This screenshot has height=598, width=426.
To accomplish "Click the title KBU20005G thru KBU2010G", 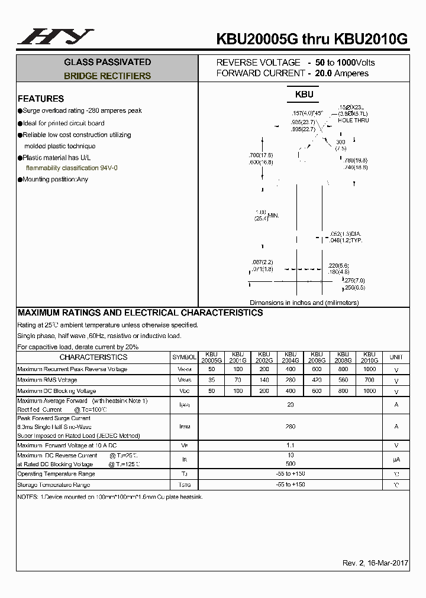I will point(312,39).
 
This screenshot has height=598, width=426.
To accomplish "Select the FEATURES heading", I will point(41,99).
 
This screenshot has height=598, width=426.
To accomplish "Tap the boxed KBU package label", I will point(304,94).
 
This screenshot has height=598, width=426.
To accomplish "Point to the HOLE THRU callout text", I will point(353,120).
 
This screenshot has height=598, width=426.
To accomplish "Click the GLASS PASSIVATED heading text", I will point(107,62).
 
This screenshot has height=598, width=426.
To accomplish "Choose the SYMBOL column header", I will point(184,357).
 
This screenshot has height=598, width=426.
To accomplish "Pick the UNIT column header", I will point(396,357).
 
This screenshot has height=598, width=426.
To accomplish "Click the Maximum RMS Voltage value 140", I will point(264,380).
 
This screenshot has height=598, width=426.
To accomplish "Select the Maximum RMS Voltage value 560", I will point(343,380).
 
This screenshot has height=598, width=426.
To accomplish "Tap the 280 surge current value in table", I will point(290,426).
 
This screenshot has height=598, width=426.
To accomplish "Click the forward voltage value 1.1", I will point(290,445).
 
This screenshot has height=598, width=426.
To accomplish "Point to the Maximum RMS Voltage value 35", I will point(211,380).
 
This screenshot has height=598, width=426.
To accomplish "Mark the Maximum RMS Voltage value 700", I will point(369,380).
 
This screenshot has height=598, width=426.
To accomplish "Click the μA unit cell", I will point(396,459).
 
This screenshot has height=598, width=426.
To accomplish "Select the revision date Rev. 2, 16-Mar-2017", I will point(375,563).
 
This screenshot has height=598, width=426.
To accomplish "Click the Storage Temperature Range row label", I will point(54,485).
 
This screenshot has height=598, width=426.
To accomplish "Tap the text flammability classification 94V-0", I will point(72,168).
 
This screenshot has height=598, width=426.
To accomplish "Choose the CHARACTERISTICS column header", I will point(93,357).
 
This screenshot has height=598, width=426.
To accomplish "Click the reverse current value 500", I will point(290,464).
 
